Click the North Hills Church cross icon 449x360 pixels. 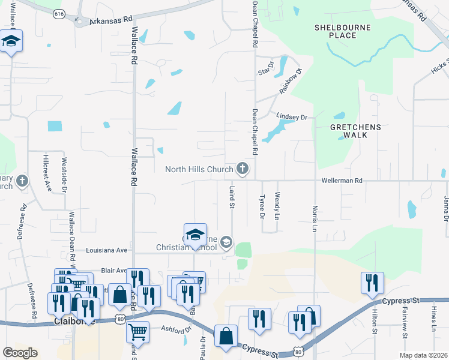click(243, 169)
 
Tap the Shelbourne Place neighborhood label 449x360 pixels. click(342, 31)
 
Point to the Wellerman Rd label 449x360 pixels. click(342, 180)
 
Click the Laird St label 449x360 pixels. click(232, 197)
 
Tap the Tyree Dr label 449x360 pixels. click(262, 206)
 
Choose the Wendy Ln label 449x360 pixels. click(277, 205)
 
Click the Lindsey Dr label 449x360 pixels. click(292, 116)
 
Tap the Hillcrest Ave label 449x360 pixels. click(46, 173)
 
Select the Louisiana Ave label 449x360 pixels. click(107, 250)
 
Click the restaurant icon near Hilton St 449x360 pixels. click(372, 283)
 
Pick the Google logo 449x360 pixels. click(20, 353)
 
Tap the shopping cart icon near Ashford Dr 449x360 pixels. click(138, 331)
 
